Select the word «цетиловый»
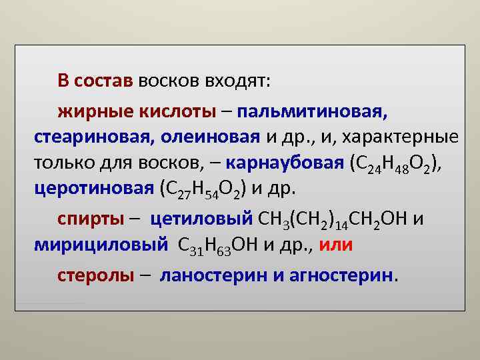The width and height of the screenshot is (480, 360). [x=201, y=219]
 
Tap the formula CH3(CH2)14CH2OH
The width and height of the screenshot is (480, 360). [x=332, y=219]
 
